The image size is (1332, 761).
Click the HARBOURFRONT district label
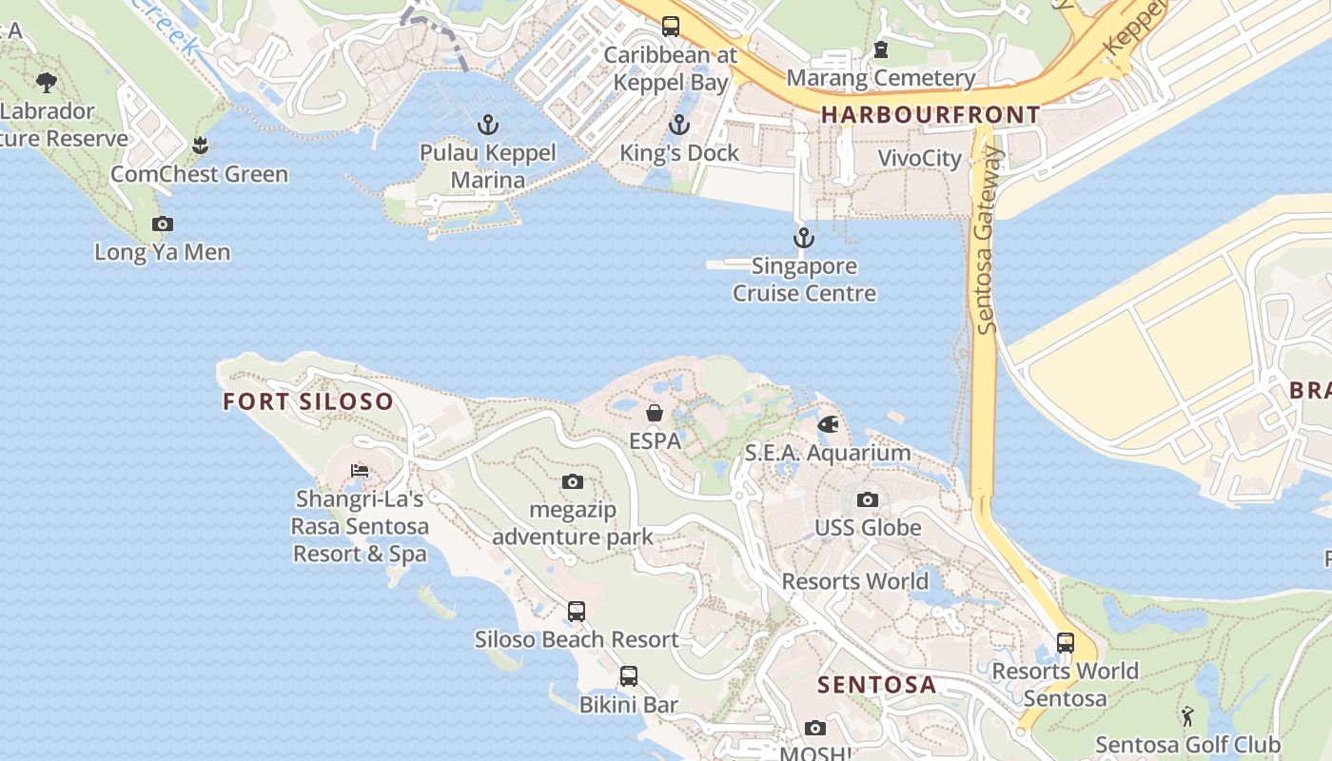point(930,115)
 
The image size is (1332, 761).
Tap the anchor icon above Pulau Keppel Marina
point(487,125)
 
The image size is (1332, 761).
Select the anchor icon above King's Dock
point(678,125)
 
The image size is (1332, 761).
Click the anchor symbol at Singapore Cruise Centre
point(804,238)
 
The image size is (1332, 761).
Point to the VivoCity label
point(919,158)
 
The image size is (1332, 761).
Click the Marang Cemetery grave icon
point(880,49)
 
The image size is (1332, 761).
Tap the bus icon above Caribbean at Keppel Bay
point(671,27)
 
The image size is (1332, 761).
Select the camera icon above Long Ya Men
point(163,224)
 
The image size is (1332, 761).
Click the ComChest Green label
point(199,174)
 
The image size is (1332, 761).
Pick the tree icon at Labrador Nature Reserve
point(46,83)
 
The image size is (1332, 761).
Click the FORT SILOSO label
point(307,401)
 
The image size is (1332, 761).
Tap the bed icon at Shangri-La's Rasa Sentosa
point(360,471)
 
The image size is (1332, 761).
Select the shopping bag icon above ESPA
point(655,413)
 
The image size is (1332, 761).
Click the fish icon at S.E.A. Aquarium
point(828,424)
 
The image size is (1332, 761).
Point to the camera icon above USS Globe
point(867,499)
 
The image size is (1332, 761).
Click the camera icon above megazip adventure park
point(572,482)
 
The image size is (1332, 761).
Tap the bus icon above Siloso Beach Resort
point(577,612)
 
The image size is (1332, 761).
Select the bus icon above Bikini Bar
point(628,676)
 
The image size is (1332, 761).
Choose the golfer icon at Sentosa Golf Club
point(1186,716)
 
